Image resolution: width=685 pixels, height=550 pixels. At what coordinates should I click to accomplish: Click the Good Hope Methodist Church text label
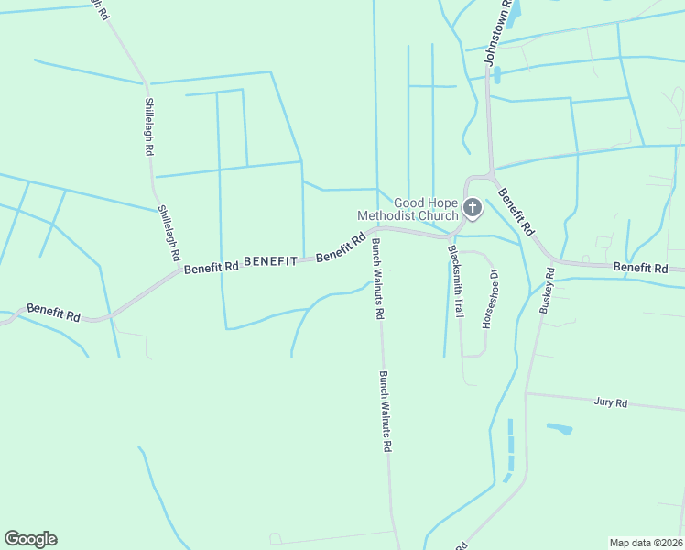[408, 209]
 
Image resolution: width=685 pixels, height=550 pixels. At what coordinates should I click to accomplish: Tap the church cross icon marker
[472, 208]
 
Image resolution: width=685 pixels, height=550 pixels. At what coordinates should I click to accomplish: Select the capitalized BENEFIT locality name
[270, 261]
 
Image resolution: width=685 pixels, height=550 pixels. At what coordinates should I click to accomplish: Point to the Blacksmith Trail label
[454, 281]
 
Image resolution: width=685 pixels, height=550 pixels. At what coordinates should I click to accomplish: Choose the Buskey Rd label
[546, 291]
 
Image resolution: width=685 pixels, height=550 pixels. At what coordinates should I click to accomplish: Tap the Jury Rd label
[610, 402]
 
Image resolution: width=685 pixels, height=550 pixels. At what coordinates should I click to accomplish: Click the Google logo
[30, 539]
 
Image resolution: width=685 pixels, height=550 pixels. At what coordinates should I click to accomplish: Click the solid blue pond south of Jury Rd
[560, 428]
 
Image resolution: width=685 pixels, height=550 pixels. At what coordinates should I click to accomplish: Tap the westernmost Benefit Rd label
[53, 312]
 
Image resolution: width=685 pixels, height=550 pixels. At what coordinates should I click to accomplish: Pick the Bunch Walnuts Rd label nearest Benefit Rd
[376, 279]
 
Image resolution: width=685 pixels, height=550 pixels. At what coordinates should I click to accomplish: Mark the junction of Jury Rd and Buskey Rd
[527, 394]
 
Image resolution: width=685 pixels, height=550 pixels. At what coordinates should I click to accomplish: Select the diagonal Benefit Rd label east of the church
[516, 214]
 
